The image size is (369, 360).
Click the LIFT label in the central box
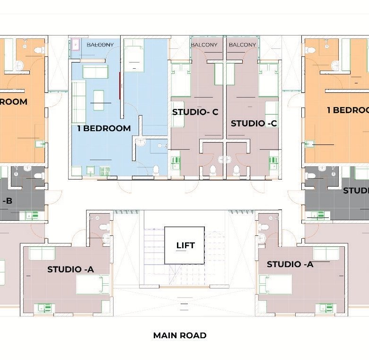coord(184,245)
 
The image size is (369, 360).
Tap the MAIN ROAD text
coord(180,335)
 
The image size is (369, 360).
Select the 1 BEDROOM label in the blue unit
coord(104,128)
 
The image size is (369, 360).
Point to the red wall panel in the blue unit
coord(121,86)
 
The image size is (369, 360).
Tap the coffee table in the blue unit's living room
coord(98,100)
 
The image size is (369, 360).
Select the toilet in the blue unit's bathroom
coord(157,170)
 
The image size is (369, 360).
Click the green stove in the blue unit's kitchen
coord(105,170)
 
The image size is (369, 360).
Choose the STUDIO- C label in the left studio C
coord(195,112)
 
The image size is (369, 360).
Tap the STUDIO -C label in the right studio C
coord(254,123)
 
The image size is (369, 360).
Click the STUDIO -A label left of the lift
coord(70,270)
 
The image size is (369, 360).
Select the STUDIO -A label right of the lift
coord(290,264)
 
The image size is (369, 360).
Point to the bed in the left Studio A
coord(93,284)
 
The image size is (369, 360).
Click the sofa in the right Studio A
coord(326,254)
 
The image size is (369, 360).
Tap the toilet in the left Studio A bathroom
coord(105,229)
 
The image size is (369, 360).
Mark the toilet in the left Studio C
coord(213,170)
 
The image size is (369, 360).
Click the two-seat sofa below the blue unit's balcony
coord(95,72)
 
